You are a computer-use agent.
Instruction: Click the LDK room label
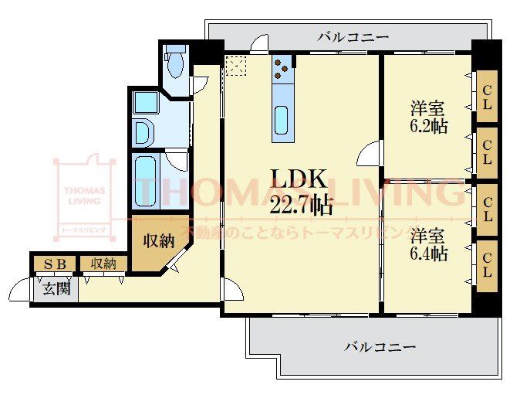299,179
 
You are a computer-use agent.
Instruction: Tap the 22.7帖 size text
301,205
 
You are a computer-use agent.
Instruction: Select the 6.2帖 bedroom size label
429,126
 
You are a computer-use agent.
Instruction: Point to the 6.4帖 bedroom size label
429,254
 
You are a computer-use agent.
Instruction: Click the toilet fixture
175,61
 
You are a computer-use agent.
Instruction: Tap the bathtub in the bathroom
145,181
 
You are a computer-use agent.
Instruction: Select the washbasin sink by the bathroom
145,132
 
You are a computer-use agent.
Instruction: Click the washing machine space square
146,102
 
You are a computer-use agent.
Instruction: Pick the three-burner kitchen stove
282,69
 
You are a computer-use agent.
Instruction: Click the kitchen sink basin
282,121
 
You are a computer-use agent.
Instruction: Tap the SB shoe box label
55,264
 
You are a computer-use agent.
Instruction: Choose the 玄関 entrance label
56,289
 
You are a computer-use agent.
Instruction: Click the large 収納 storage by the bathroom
159,241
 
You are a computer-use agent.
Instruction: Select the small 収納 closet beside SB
103,264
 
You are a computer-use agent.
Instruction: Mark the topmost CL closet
487,96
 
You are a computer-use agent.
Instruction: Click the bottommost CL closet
487,266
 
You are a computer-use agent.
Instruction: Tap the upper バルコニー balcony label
353,36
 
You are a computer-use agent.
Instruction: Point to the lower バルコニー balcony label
380,346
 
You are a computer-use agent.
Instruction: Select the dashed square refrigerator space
236,66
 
